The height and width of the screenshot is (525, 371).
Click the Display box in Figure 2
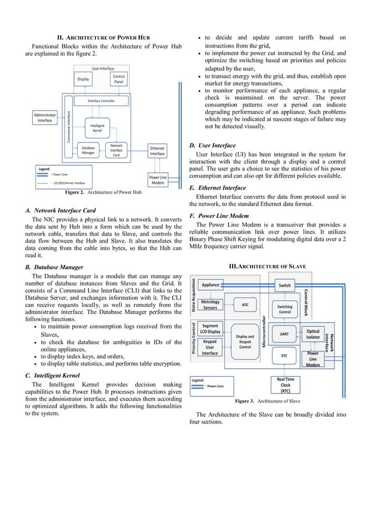[83, 79]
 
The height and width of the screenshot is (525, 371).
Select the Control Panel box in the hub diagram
[119, 79]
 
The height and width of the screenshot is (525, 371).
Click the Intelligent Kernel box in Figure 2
[97, 127]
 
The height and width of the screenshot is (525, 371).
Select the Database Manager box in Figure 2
[88, 151]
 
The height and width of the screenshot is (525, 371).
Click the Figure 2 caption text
[103, 192]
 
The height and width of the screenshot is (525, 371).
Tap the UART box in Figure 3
[284, 334]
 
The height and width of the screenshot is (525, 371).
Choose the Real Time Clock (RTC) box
[284, 385]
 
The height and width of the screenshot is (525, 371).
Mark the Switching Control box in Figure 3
[284, 309]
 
